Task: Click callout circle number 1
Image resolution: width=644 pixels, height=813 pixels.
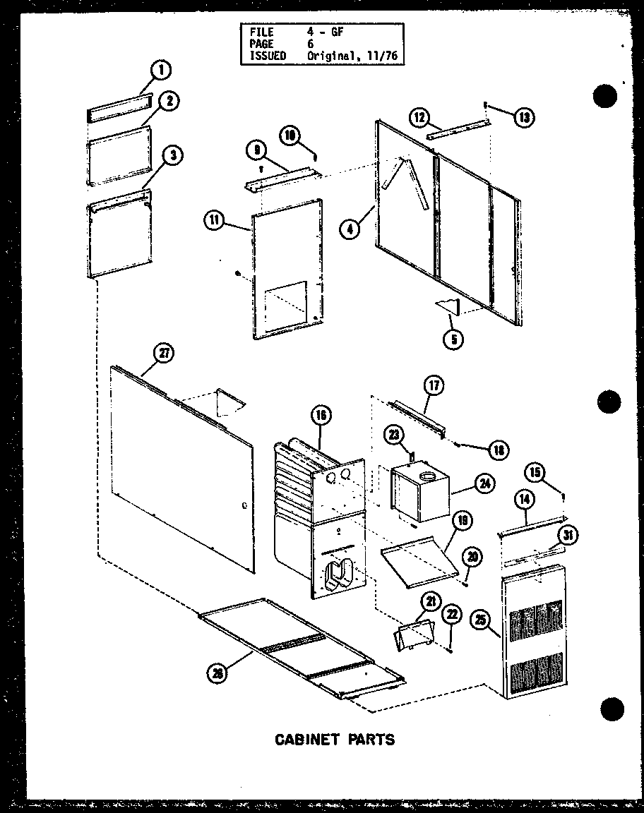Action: coord(162,70)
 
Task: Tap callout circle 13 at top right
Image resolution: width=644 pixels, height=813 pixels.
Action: coord(523,117)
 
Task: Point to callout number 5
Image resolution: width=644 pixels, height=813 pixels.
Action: coord(450,339)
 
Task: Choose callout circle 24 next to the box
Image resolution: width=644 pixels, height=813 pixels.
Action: coord(484,484)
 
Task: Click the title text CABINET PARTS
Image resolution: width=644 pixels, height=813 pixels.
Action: coord(334,739)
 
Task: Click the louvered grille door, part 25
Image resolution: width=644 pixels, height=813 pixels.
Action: coord(535,635)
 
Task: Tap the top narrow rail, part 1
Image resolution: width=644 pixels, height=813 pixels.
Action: coord(119,107)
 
